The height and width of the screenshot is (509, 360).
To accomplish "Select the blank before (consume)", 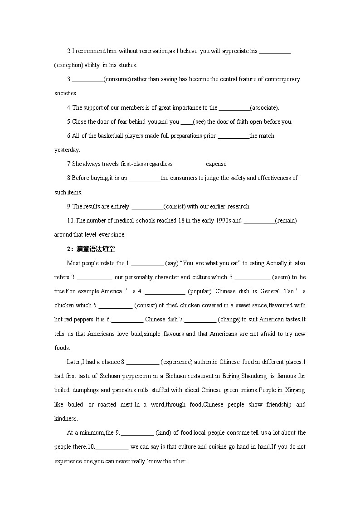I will [88, 79].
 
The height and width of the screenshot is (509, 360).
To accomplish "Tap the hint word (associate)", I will [264, 107].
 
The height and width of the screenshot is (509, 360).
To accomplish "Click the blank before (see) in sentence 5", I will [187, 122].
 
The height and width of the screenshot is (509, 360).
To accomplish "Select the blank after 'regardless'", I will [190, 164].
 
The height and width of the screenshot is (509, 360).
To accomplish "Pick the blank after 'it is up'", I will [145, 178].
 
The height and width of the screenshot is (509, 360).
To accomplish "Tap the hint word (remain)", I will [286, 221].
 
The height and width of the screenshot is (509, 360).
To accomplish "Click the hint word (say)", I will [172, 263].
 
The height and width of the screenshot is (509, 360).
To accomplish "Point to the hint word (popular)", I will [199, 291].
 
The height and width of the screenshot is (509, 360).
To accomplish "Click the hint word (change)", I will [229, 320].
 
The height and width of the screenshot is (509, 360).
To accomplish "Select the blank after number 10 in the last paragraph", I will [112, 447].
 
